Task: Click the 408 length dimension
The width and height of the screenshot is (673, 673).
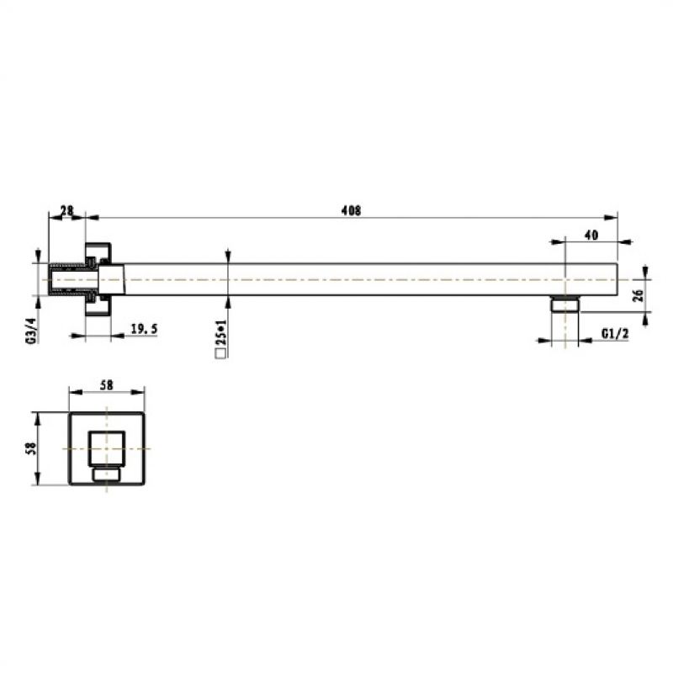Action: (x=351, y=211)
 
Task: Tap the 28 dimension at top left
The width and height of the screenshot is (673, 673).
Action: (x=67, y=211)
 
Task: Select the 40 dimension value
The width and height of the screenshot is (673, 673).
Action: (x=591, y=236)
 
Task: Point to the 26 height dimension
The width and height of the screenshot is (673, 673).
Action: (x=639, y=295)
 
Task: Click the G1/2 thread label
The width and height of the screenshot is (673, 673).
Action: (x=615, y=333)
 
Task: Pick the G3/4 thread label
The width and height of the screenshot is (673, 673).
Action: (x=32, y=331)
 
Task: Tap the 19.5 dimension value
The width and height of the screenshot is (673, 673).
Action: (x=144, y=329)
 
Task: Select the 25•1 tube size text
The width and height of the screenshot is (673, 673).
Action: (x=221, y=333)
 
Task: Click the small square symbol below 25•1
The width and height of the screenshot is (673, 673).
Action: (x=221, y=352)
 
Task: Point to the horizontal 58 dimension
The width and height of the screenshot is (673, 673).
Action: (x=107, y=385)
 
